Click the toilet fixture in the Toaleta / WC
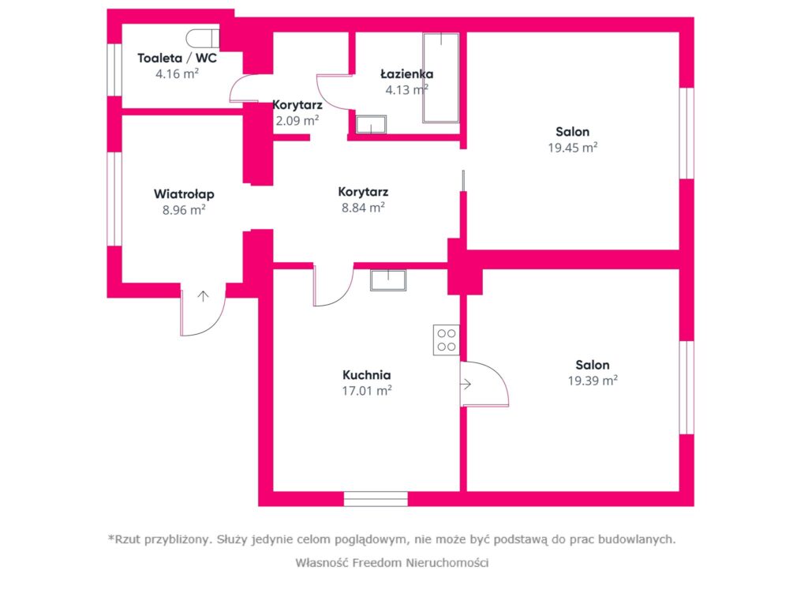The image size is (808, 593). coord(203,38)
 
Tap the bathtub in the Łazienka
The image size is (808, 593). coord(441,78)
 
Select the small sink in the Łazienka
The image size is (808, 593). coord(371,124)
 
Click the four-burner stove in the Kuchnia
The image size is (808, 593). coord(447,340)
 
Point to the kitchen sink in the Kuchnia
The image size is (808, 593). coord(388,280)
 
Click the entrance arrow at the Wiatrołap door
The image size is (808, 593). coord(204,296)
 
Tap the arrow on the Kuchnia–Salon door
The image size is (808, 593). coord(466,385)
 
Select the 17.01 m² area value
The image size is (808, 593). coord(367,390)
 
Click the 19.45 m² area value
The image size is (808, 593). coord(573,148)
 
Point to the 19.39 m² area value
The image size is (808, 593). coord(593,381)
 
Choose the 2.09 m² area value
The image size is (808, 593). coord(297,121)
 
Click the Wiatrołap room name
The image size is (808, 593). coord(184,194)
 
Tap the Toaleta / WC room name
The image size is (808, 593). coord(178,58)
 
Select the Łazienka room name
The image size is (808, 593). coord(406,73)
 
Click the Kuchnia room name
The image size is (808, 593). coord(366,375)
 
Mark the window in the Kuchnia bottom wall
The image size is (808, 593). coord(376,498)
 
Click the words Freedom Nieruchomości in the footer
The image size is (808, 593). coord(420,562)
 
